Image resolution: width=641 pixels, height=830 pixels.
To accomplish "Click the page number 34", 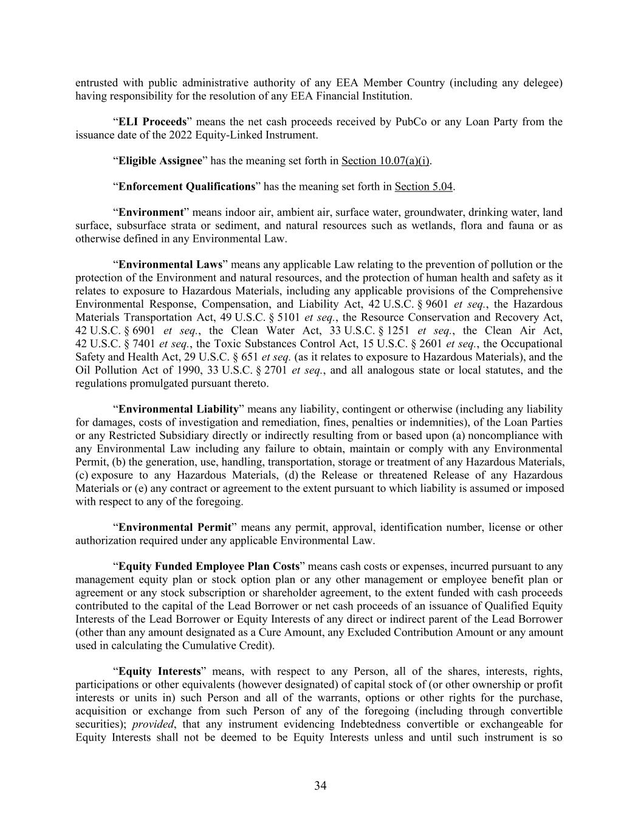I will [320, 786].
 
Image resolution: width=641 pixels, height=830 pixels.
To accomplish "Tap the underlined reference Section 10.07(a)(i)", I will [386, 161].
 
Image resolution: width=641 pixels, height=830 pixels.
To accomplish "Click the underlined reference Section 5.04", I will [423, 186].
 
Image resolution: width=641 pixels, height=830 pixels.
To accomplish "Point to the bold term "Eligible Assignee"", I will [160, 161].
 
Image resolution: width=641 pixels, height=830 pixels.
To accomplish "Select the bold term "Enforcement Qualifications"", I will [187, 186].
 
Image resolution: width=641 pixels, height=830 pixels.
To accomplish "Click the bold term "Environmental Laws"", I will [170, 265].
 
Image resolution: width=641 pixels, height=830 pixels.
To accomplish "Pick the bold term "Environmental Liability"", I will [179, 409].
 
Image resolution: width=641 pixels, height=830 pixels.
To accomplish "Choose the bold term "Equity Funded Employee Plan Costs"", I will [208, 566].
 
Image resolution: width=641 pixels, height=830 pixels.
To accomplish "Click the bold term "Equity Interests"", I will [159, 671].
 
